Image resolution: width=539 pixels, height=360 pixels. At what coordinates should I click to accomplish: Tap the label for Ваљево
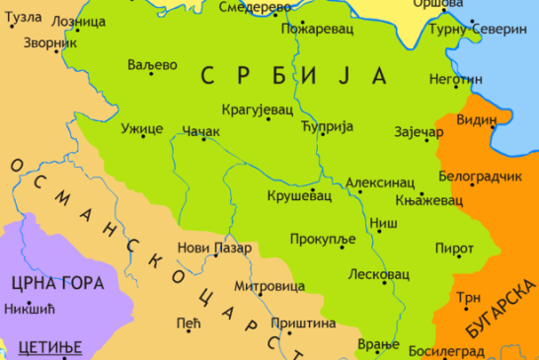[x=152, y=64]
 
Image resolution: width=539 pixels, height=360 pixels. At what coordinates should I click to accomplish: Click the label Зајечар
[x=413, y=128]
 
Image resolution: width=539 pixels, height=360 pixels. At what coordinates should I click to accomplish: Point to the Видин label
[x=477, y=120]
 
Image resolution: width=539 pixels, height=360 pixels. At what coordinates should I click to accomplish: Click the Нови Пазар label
[x=214, y=248]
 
